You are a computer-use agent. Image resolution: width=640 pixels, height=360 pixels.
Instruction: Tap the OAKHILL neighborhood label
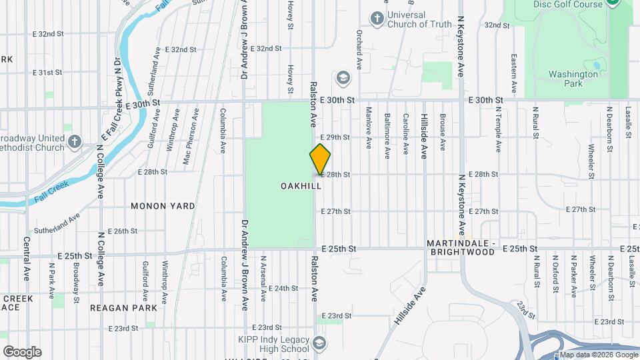click(x=301, y=186)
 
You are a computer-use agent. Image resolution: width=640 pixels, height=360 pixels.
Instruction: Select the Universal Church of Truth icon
click(x=377, y=18)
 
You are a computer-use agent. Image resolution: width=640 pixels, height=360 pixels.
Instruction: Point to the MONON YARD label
click(x=163, y=206)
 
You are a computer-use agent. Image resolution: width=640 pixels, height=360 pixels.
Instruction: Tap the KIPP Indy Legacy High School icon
click(x=319, y=343)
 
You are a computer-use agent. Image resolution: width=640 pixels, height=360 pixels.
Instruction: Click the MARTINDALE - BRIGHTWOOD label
click(x=463, y=249)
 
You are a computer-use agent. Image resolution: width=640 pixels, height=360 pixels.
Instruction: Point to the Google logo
click(x=22, y=352)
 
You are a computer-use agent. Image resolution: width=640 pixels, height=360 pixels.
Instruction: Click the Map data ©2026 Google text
click(x=597, y=355)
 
